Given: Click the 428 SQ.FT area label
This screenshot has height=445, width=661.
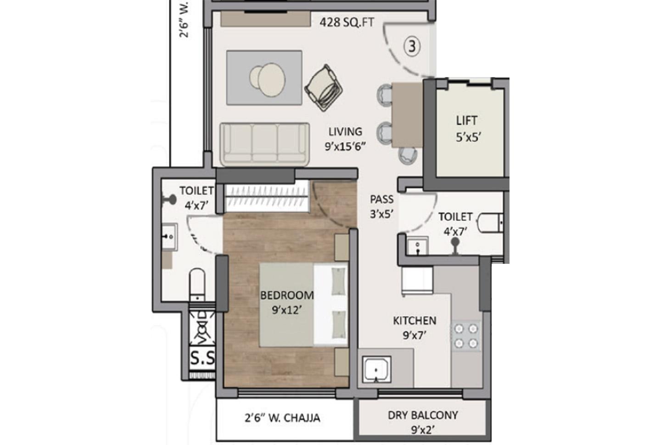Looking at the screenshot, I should (347, 22).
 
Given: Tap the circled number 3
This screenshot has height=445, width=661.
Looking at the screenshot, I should (412, 46).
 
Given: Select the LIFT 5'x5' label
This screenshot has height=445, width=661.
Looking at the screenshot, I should (467, 128).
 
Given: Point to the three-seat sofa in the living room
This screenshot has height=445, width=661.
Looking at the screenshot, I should (264, 144).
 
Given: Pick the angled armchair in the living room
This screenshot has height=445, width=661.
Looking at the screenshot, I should (324, 87).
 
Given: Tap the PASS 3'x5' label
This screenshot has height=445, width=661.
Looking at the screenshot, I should (382, 206).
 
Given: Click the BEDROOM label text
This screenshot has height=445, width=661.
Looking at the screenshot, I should (287, 295).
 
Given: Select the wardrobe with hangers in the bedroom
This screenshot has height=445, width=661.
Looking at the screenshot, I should (266, 197).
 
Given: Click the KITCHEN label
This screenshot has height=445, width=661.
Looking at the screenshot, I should (415, 320).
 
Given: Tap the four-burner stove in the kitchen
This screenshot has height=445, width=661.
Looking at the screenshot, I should (466, 336).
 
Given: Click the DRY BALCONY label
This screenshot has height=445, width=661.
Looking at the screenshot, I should (423, 416).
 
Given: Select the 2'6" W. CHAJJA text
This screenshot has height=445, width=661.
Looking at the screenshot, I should (282, 418).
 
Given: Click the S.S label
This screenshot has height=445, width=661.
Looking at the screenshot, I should (202, 359).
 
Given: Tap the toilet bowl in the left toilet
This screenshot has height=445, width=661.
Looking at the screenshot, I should (197, 284).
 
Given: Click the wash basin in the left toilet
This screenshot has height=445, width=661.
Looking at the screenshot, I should (169, 237).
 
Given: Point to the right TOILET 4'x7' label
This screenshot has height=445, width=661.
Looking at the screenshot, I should (455, 223).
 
